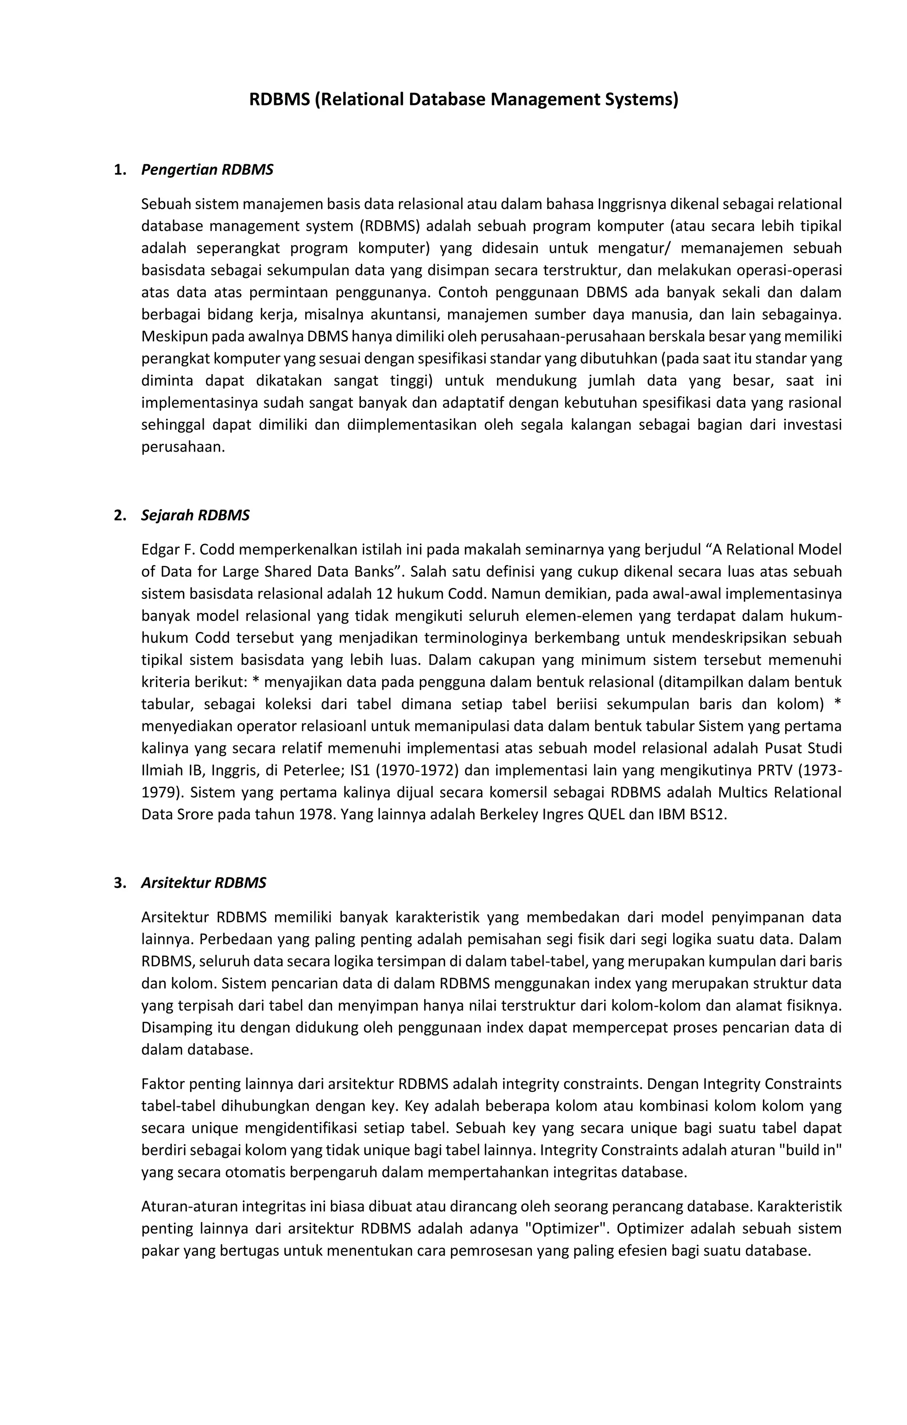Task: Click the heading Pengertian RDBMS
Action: [207, 170]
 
